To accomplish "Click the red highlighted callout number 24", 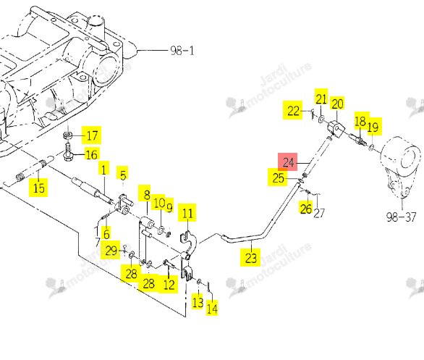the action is pos(288,162).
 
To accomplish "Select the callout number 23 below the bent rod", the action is pos(250,258).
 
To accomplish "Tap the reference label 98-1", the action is pos(182,51).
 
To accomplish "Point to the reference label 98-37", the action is pos(401,217).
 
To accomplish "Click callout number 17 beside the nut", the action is pos(92,135).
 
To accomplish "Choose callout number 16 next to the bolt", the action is pos(91,154).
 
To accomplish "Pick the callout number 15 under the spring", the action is pos(38,188).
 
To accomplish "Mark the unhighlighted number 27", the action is pos(319,213).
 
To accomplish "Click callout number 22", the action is pos(293,110).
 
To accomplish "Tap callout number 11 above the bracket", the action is pos(187,213).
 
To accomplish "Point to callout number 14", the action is pos(212,308).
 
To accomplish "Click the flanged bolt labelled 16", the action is pos(68,151).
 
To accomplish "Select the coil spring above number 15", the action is pos(20,176).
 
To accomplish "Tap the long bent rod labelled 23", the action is pos(260,222).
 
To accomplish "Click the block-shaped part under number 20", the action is pos(336,129).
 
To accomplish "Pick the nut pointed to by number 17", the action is pos(67,135).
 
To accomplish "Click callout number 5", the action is pos(123,175).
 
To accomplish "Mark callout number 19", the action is pos(375,127).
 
